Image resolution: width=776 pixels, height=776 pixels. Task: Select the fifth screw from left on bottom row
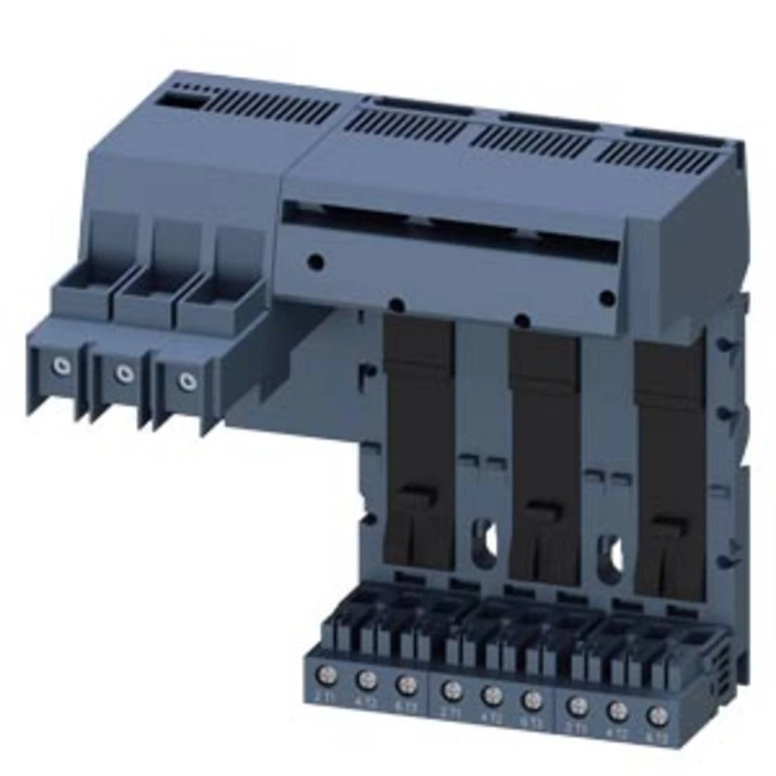490,695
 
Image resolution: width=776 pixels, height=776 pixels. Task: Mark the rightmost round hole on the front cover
608,296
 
